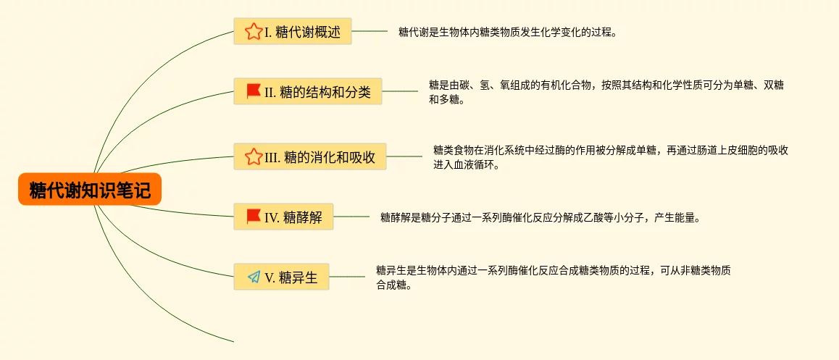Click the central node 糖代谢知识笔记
coord(90,190)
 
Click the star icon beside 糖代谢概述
coord(253,32)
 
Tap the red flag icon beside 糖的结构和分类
coord(253,91)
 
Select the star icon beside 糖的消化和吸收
coord(253,157)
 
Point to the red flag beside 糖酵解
coord(253,216)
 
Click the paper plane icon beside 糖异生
coord(253,277)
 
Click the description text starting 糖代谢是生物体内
coord(507,32)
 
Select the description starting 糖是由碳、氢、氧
coord(606,85)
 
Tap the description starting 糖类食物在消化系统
coord(610,151)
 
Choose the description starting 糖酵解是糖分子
coord(540,217)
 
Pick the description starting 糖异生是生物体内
coord(553,270)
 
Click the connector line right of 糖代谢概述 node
coord(370,31)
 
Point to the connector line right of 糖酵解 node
coord(351,216)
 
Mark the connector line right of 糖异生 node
coord(347,276)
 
